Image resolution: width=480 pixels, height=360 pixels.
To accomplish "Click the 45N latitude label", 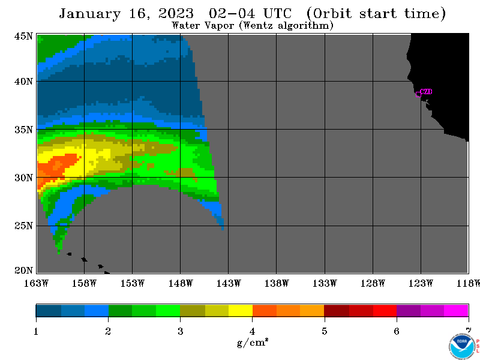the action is tap(23, 36).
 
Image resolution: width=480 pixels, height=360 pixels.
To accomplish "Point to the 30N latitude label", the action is tap(23, 178).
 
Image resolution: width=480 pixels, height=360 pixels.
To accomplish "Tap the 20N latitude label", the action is tap(23, 271).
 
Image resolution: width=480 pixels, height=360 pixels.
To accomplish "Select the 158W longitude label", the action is tap(84, 283).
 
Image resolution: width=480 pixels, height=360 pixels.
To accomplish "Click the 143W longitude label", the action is tap(229, 283).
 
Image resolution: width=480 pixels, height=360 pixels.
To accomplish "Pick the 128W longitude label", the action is tap(373, 283).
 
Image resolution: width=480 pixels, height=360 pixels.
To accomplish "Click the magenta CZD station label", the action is tap(426, 92).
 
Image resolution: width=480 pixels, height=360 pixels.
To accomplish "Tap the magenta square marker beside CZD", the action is tap(418, 94).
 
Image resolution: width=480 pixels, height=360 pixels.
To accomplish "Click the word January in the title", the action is tap(89, 14).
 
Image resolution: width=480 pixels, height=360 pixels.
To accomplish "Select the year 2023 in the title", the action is tap(176, 13).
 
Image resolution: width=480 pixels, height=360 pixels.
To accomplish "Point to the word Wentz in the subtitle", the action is tap(258, 25).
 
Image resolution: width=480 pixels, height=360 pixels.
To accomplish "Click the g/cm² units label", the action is tap(253, 342).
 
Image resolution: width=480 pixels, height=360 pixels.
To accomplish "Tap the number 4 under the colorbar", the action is tap(252, 331).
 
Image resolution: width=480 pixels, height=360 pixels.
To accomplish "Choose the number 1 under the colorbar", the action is tap(36, 331).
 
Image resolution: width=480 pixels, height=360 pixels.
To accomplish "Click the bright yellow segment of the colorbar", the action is tap(241, 310).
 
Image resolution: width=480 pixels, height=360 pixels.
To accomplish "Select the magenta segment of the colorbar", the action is tap(456, 310).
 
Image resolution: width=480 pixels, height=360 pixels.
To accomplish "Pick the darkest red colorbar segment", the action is tap(337, 310).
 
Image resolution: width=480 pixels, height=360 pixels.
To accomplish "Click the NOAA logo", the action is tap(462, 347).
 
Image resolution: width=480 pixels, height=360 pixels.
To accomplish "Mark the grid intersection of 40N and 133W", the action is tap(325, 82).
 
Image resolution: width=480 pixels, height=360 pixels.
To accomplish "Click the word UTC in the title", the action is tap(277, 13).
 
